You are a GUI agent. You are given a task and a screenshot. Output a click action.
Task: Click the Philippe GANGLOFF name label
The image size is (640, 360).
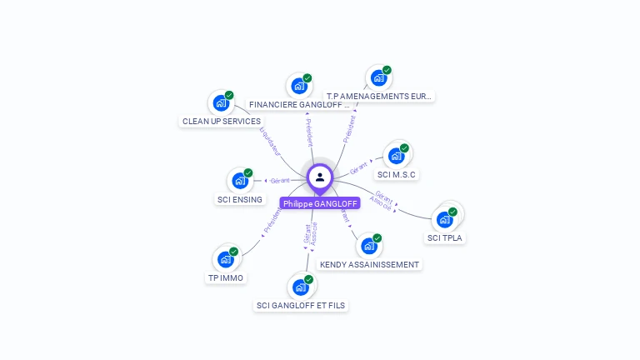320,203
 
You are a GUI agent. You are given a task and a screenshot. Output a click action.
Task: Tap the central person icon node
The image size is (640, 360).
320,177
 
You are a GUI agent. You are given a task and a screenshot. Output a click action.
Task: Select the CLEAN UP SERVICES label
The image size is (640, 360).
222,122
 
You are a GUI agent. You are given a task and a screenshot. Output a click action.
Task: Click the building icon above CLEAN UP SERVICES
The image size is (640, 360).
221,102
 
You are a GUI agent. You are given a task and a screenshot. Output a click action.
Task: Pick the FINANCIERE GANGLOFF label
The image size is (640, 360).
300,105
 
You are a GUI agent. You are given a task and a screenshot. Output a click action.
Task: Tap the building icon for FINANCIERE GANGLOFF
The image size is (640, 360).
299,85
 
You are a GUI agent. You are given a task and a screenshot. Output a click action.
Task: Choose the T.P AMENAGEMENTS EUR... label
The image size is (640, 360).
380,97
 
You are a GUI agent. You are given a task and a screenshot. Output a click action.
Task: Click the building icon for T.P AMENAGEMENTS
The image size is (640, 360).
379,78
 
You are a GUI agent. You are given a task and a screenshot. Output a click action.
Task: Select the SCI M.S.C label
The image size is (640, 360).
397,175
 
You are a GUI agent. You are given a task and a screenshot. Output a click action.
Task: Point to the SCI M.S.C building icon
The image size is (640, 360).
397,156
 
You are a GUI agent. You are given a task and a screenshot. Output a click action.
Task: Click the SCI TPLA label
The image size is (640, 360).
445,238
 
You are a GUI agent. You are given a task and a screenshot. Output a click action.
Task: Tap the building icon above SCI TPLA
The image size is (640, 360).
445,219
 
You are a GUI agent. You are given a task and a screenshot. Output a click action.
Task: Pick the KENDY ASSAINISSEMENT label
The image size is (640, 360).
370,264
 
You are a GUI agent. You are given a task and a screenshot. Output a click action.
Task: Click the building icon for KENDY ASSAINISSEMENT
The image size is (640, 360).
369,246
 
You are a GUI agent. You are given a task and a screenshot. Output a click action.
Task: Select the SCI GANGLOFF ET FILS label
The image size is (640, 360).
301,306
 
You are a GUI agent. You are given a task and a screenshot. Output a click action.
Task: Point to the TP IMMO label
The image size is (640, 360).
226,277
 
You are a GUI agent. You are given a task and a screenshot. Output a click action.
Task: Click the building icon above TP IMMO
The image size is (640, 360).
225,259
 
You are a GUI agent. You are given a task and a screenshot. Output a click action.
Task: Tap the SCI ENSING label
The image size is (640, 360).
240,200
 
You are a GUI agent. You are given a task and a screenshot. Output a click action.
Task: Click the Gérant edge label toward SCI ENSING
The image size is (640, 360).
280,181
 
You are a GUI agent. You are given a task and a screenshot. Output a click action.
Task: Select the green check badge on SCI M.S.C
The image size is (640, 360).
404,148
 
